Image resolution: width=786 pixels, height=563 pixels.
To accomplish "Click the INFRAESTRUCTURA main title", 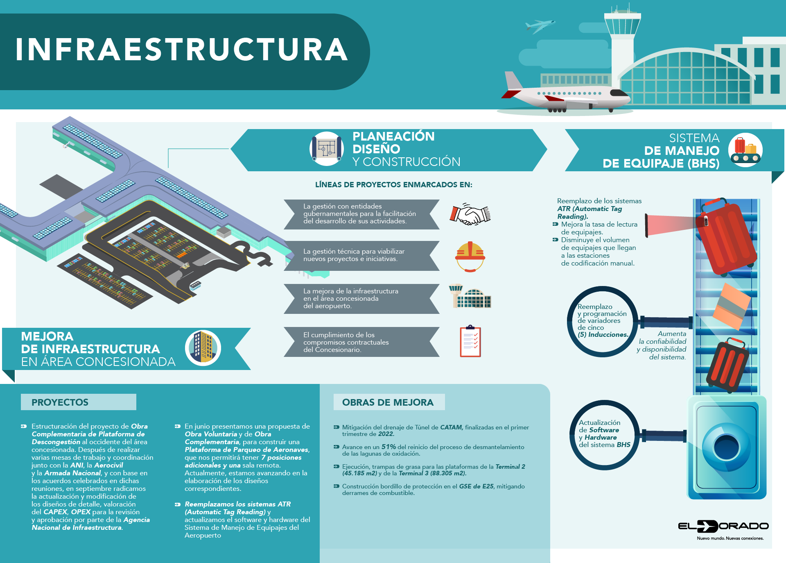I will click(182, 50).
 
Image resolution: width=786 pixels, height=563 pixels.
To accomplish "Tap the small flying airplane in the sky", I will click(540, 26).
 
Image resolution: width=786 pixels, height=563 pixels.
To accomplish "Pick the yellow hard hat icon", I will click(470, 256).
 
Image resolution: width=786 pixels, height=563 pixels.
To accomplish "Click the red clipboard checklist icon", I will click(470, 341).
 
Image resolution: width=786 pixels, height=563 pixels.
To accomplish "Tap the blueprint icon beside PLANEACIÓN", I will click(327, 149).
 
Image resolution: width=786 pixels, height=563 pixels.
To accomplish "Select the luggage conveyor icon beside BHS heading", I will click(745, 150).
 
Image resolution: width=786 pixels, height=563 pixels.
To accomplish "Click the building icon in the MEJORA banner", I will click(203, 348).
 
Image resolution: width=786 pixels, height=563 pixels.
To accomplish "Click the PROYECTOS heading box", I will click(78, 402).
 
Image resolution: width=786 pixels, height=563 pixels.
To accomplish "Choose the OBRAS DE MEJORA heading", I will click(388, 402).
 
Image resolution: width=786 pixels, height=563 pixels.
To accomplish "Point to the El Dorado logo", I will click(723, 527).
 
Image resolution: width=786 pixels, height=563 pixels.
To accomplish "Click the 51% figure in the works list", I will click(388, 447).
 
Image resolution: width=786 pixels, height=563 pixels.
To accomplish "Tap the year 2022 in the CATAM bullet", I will click(386, 434).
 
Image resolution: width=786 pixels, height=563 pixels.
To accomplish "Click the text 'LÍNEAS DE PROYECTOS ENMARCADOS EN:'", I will click(393, 185).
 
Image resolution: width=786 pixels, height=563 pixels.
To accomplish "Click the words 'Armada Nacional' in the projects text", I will click(72, 473).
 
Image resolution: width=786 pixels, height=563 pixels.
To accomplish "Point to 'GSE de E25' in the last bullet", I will click(476, 486).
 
